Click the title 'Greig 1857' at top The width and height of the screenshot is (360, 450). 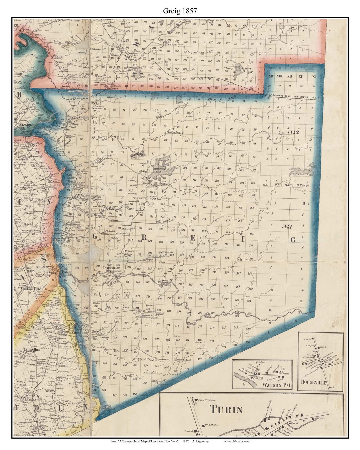180,11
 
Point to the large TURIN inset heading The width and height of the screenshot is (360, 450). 226,409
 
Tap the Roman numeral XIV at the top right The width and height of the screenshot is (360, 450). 271,77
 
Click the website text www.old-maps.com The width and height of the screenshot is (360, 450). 236,441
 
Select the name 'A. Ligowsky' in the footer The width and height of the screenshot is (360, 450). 201,441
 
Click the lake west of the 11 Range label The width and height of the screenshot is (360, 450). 301,171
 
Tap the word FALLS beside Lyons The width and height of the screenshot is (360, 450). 65,272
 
